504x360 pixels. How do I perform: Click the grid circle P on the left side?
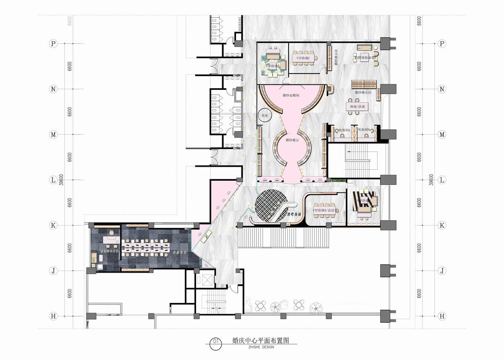click(x=53, y=44)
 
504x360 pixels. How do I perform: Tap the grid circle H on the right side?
click(x=441, y=315)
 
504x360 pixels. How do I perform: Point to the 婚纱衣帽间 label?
click(x=290, y=96)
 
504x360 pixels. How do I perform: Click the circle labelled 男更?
click(x=265, y=115)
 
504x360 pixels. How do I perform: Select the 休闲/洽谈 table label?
click(x=357, y=108)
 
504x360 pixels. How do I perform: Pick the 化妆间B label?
click(x=364, y=131)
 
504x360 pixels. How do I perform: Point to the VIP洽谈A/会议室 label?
click(x=325, y=210)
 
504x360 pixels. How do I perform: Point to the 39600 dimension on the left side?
click(x=61, y=180)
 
